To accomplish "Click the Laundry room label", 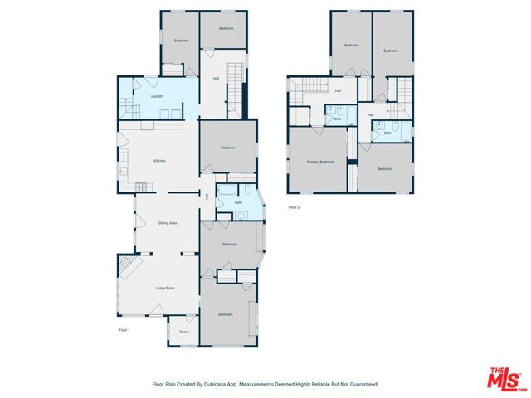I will pos(157,96).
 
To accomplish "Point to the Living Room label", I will pos(164,288).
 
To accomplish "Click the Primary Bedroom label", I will pos(320,162).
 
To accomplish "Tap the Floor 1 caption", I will pos(124,330).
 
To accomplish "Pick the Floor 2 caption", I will pos(294,207).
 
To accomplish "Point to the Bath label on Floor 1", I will pos(238,202).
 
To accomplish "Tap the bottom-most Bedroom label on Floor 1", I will pos(226,315).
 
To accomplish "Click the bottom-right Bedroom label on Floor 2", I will pos(384,168).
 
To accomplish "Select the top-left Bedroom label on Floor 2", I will pos(351,45).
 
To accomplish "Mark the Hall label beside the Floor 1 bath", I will pos(207,197).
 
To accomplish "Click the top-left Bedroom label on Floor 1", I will pos(181,41).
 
